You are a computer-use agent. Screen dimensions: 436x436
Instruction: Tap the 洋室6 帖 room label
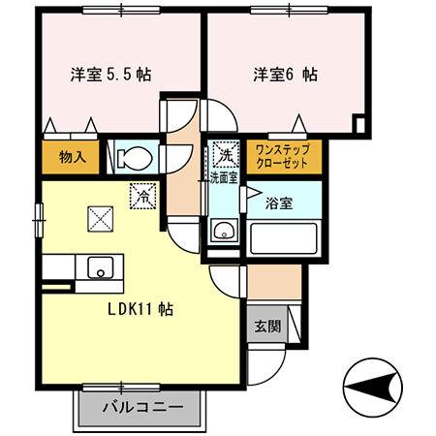point(287,74)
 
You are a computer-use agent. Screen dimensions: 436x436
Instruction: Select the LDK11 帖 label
point(140,311)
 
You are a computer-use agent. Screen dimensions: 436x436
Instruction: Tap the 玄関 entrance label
point(268,326)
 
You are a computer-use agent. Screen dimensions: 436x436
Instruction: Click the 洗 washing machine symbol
point(225,153)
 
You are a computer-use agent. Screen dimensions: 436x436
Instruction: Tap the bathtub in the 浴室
point(282,236)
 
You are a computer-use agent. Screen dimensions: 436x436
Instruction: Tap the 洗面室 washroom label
point(224,177)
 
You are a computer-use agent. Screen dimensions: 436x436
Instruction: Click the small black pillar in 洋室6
point(359,124)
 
